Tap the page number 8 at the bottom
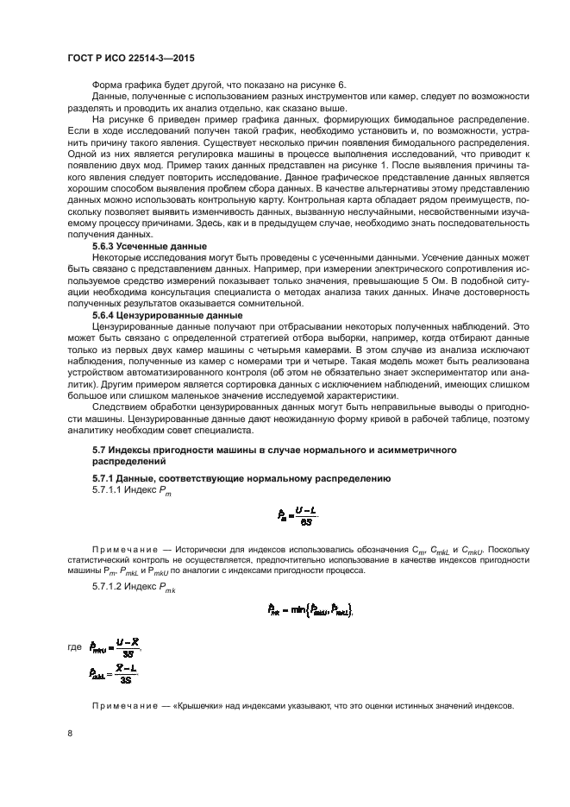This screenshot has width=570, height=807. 70,733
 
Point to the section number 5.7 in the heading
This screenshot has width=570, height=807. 101,451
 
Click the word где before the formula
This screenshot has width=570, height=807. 75,646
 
